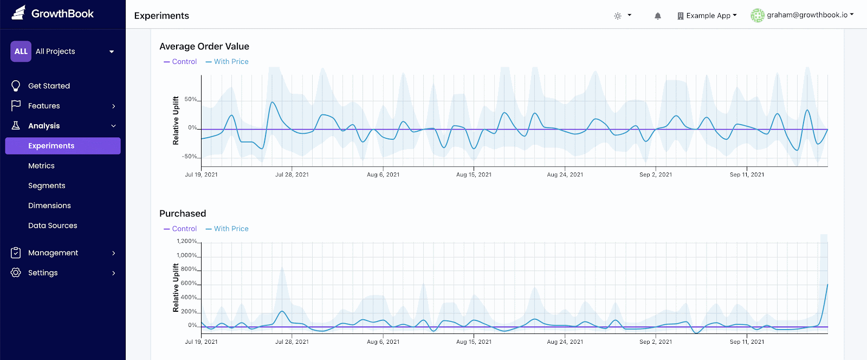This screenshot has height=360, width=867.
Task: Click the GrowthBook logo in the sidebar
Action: click(53, 14)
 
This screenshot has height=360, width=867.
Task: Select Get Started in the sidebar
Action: click(49, 86)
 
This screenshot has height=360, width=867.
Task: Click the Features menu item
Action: click(44, 106)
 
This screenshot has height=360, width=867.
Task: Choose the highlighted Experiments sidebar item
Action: click(51, 146)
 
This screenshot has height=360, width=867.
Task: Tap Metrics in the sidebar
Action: click(41, 166)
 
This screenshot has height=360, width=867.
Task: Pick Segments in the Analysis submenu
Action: click(47, 185)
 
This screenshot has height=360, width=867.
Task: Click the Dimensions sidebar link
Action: click(49, 205)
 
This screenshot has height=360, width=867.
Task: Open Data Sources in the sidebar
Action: click(53, 226)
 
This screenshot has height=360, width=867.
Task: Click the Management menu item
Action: click(53, 253)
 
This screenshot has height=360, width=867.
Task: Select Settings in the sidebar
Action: click(43, 273)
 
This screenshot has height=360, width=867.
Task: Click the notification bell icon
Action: click(658, 16)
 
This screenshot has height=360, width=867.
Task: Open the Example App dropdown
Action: click(707, 16)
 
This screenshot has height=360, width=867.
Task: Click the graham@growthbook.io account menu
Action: click(803, 15)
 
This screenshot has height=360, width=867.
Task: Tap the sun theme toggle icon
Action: click(618, 16)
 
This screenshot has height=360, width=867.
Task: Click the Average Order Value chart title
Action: click(204, 47)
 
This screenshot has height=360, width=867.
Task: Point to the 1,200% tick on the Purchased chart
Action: click(187, 241)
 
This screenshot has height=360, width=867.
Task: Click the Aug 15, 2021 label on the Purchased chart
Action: click(474, 342)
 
